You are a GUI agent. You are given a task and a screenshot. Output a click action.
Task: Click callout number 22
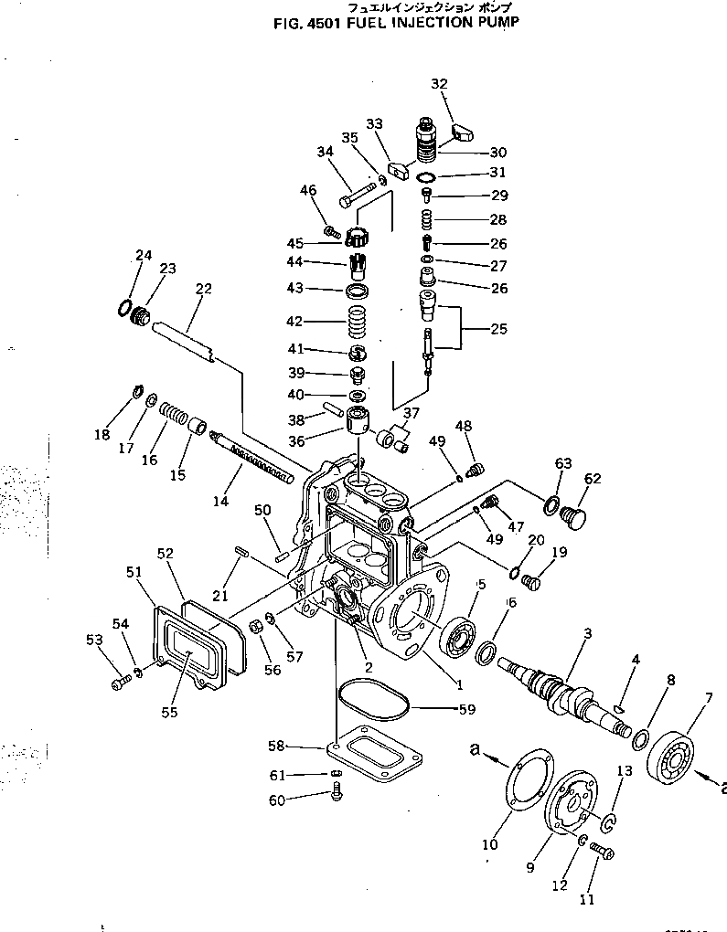(x=203, y=290)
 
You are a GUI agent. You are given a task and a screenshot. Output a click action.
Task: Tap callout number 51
(x=134, y=572)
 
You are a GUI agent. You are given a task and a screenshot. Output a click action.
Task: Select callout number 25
(x=498, y=329)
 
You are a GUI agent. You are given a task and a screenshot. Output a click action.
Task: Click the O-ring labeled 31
(x=426, y=175)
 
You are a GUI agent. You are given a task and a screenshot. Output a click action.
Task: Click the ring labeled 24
(x=123, y=308)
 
